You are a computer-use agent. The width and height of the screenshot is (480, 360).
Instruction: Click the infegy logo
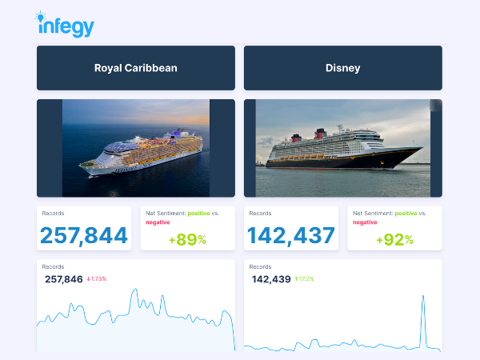[66, 26]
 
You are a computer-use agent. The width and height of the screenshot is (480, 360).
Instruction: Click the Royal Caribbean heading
[135, 68]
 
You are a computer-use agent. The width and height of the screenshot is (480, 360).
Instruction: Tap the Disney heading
[342, 68]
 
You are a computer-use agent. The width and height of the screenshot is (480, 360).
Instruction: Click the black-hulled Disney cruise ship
[344, 152]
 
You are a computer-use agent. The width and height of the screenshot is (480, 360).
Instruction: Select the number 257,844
[84, 235]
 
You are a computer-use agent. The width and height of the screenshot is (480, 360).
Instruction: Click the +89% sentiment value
[187, 239]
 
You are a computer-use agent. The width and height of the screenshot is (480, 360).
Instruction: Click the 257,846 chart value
[64, 279]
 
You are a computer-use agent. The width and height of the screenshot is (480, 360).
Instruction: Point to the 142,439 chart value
[270, 279]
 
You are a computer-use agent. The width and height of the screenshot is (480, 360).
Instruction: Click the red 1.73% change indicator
[97, 279]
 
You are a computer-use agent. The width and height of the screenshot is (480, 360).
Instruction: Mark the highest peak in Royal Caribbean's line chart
[133, 290]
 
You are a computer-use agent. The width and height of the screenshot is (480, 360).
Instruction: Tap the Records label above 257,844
[53, 214]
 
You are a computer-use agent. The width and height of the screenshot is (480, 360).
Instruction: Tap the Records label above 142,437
[260, 214]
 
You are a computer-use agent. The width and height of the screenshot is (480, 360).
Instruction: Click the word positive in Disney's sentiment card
[405, 214]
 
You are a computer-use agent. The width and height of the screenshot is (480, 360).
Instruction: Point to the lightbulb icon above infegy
[42, 16]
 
